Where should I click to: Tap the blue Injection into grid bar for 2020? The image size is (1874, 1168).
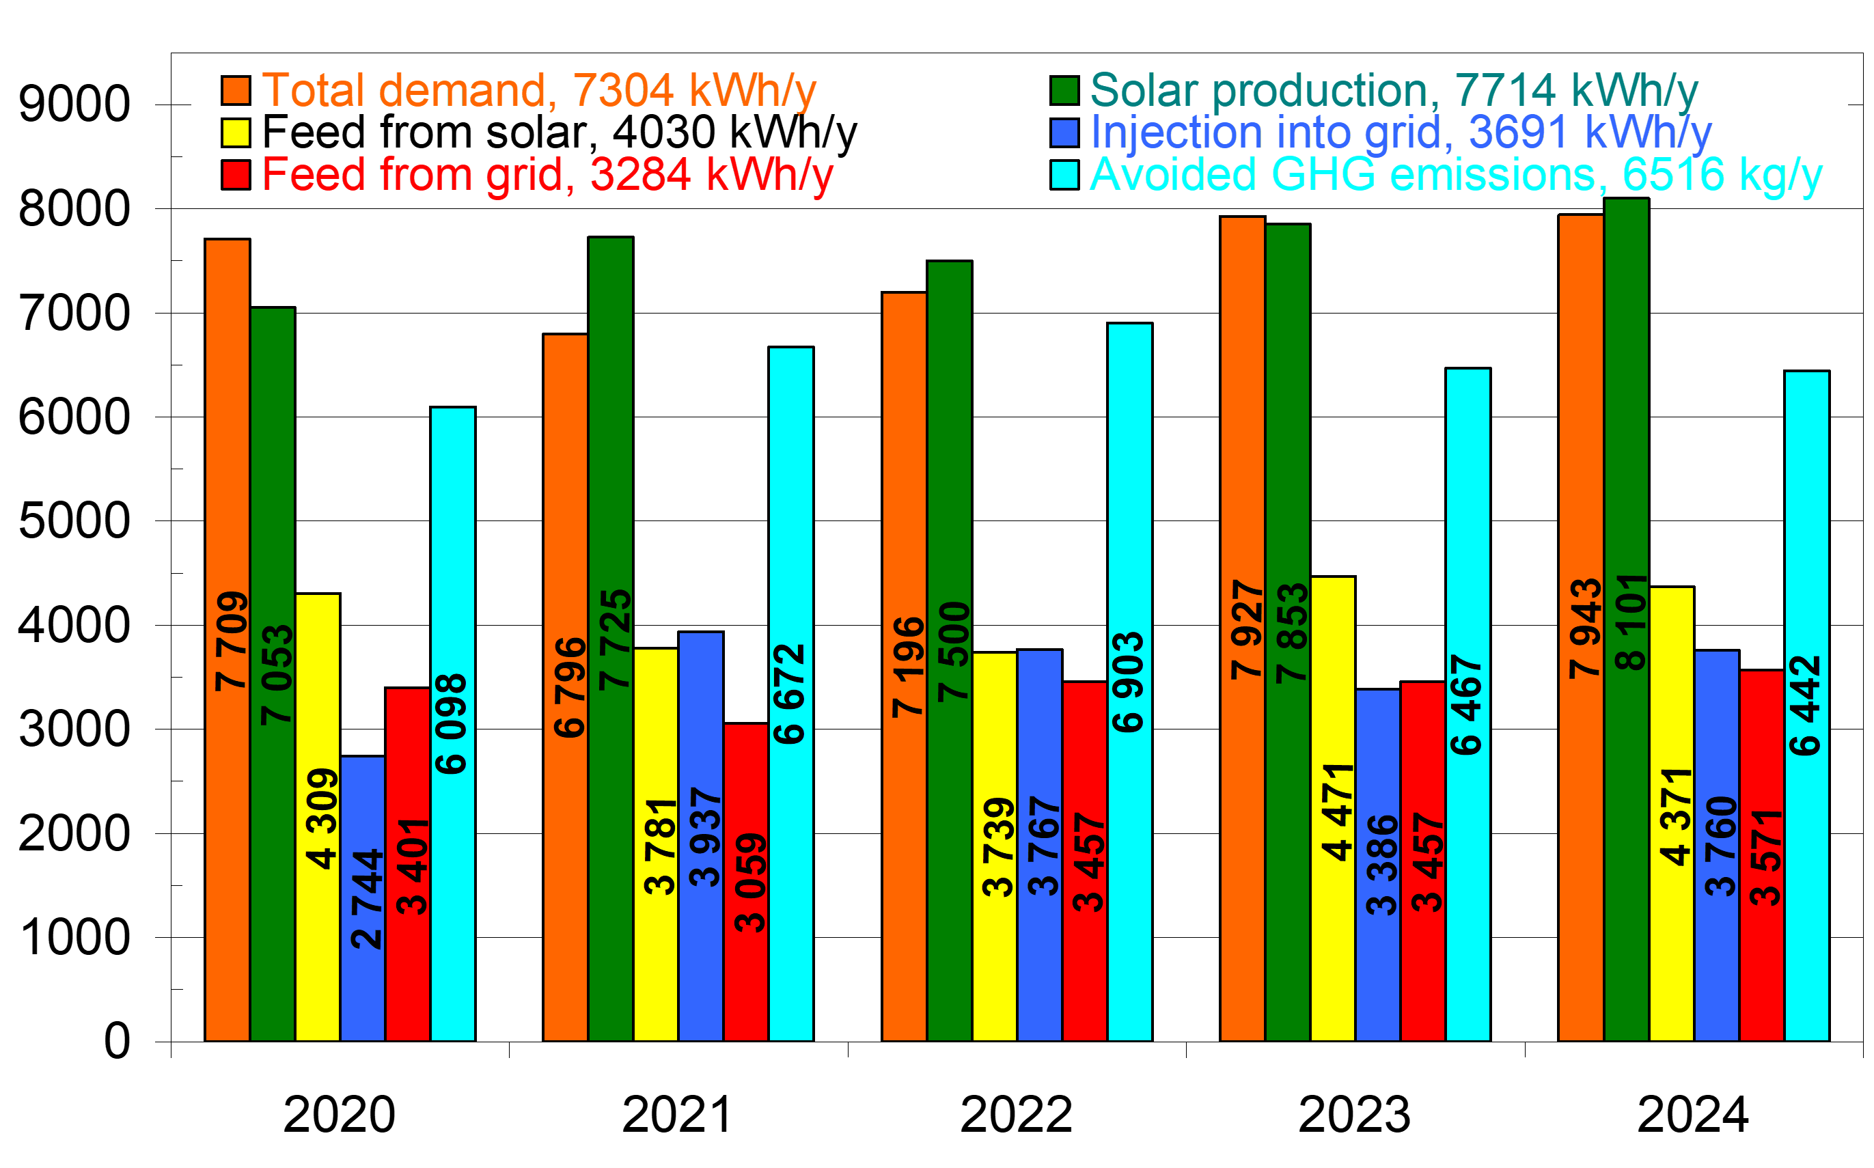[x=362, y=989]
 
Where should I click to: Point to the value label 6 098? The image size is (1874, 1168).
[x=451, y=724]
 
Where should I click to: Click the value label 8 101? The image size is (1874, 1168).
[x=1630, y=622]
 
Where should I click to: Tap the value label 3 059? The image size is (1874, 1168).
[x=749, y=882]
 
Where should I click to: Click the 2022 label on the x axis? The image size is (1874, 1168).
[x=1016, y=1115]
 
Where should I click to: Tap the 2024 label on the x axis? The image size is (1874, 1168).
[x=1692, y=1115]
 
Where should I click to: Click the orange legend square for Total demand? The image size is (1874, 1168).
[x=236, y=90]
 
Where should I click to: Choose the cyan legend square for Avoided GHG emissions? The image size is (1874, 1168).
[x=1064, y=175]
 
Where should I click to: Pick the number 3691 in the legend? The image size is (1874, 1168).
[x=1518, y=132]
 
